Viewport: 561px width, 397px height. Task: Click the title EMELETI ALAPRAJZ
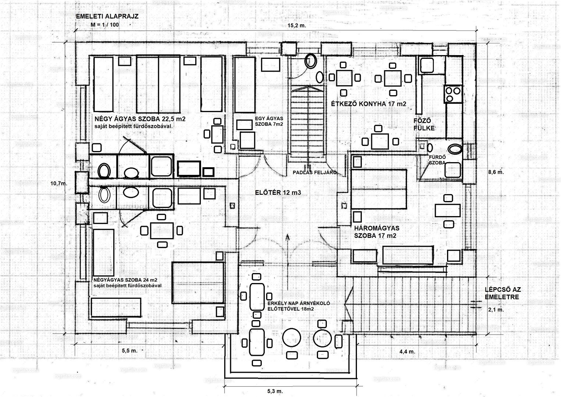tap(107, 17)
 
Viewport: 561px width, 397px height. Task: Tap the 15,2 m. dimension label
tap(297, 26)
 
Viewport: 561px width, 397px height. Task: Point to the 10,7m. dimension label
tap(58, 183)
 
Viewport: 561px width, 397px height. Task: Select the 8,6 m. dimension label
tap(496, 172)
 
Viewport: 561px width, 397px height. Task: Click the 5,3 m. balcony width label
tap(275, 391)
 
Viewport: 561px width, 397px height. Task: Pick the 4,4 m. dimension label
tap(407, 351)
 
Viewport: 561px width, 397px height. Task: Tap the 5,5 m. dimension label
tap(129, 351)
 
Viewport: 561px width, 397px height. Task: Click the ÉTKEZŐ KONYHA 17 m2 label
tap(368, 104)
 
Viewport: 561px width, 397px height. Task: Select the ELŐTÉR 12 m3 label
tap(278, 192)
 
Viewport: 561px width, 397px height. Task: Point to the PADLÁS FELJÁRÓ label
tap(315, 172)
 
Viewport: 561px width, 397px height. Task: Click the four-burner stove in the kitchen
tap(453, 94)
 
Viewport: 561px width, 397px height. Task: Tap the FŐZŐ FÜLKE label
tap(424, 124)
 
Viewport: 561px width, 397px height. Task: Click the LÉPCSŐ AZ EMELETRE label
tap(503, 293)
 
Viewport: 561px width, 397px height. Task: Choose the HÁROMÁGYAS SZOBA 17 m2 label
tap(375, 232)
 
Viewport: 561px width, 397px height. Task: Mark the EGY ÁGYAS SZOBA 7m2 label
tap(269, 121)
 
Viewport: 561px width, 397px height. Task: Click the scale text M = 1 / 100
tap(105, 25)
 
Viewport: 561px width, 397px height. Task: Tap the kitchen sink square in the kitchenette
tap(427, 65)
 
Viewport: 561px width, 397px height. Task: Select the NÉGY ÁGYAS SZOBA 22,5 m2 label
tap(140, 119)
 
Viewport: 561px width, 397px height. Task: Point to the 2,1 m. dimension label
tap(496, 310)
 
